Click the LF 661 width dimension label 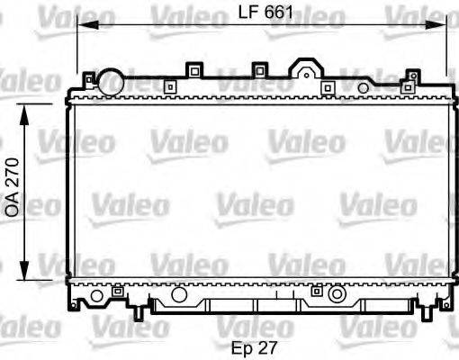tap(265, 13)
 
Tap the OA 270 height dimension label tap(13, 187)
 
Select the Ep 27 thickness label tap(254, 348)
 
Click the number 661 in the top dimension tap(279, 13)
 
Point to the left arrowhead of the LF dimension tap(88, 25)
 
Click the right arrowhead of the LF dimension tap(436, 25)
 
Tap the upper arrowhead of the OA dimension tap(24, 114)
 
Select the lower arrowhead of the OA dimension tap(24, 270)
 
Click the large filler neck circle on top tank tap(111, 82)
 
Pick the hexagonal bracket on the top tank tap(306, 68)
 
